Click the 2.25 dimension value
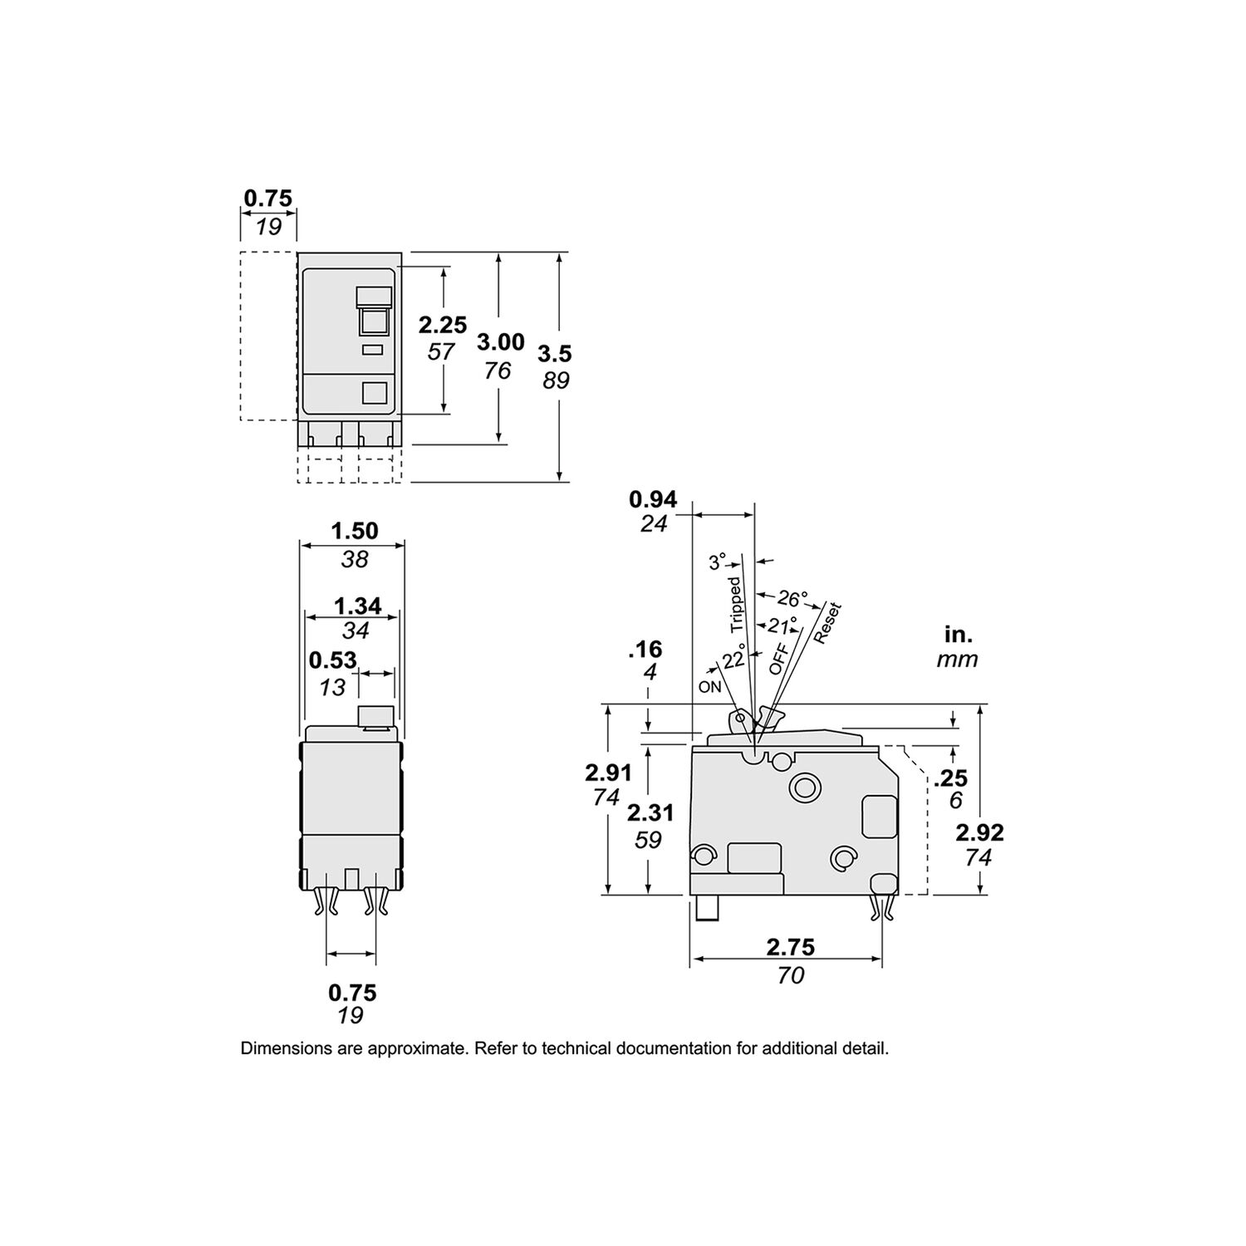(x=442, y=324)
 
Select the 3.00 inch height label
(x=500, y=341)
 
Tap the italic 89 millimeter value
(x=554, y=380)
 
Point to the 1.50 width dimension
(x=355, y=530)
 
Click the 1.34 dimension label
(x=357, y=606)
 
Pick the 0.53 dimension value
(x=332, y=660)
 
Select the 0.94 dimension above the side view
(x=653, y=499)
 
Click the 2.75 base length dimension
(x=790, y=947)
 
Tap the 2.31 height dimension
(x=650, y=812)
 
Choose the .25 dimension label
(x=950, y=778)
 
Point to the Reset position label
(x=827, y=623)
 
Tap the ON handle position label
(x=709, y=687)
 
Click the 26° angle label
(x=792, y=598)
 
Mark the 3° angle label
(x=717, y=562)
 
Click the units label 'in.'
(x=958, y=635)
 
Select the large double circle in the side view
(x=803, y=785)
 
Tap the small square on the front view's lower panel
(x=376, y=393)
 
